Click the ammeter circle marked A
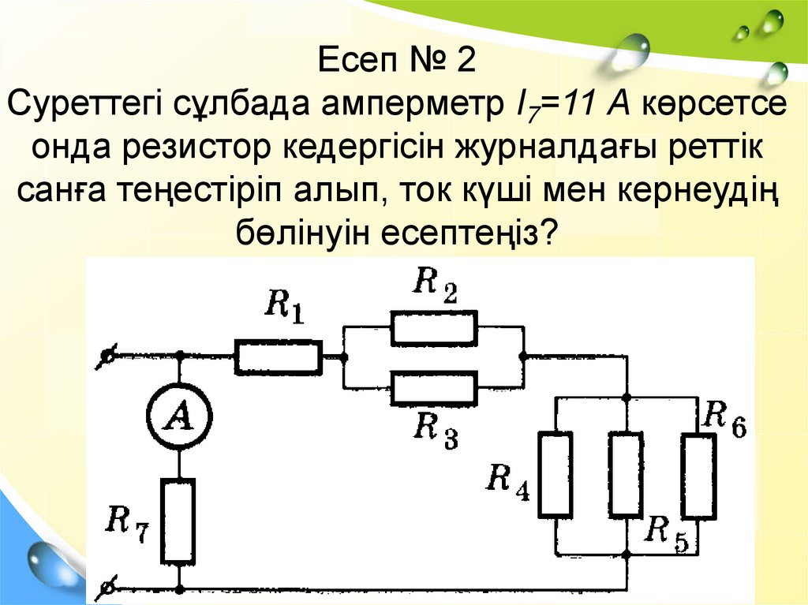coord(181,422)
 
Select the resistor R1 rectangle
coord(278,357)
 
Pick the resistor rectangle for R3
coord(434,387)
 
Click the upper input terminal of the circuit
coord(104,357)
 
